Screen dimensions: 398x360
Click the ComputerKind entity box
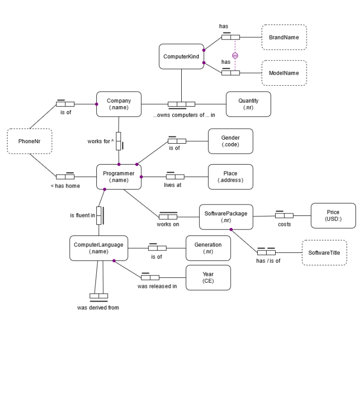[x=181, y=56]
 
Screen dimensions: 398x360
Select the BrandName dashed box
[x=284, y=37]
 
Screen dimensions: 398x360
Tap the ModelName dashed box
[x=284, y=73]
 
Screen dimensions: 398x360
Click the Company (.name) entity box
[x=119, y=104]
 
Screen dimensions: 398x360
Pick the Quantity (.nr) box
[x=248, y=104]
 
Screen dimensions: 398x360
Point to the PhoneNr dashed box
[x=29, y=141]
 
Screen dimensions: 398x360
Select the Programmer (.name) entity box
[x=119, y=177]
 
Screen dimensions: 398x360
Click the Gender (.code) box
[x=230, y=141]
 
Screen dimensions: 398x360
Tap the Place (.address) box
[x=230, y=177]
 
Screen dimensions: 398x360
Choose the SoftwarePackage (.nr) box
[x=226, y=216]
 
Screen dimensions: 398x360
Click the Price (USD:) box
[x=333, y=215]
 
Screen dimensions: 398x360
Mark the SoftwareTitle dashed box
[x=324, y=253]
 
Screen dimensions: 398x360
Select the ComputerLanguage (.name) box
[x=98, y=248]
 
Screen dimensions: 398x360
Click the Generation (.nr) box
[x=208, y=248]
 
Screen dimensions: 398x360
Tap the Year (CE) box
[x=208, y=277]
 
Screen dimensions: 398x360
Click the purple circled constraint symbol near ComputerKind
[x=235, y=55]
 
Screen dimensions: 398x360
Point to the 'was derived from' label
[x=98, y=308]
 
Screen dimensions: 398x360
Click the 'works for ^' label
[x=100, y=141]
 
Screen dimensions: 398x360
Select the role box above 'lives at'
[x=175, y=177]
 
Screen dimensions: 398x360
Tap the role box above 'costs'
[x=284, y=215]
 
